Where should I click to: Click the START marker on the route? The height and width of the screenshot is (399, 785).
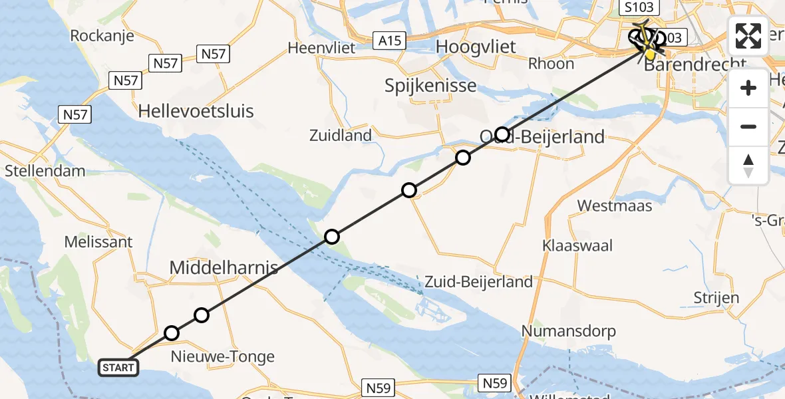click(119, 367)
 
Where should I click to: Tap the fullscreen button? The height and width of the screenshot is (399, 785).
click(748, 37)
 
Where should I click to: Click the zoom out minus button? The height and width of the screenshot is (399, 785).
click(748, 126)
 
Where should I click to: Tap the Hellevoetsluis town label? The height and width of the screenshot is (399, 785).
click(196, 111)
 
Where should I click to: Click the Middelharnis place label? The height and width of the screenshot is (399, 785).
click(224, 268)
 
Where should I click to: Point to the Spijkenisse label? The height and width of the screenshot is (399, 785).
click(430, 86)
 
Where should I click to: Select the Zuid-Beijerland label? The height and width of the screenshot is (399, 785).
click(478, 282)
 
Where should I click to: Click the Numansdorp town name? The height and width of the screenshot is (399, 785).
click(569, 331)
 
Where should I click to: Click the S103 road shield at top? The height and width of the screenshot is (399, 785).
click(639, 8)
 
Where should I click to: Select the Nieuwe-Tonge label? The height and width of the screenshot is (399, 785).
click(223, 357)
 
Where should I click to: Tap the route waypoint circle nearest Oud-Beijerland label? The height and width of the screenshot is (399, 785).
click(502, 135)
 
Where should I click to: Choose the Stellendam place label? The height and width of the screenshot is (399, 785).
click(45, 171)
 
